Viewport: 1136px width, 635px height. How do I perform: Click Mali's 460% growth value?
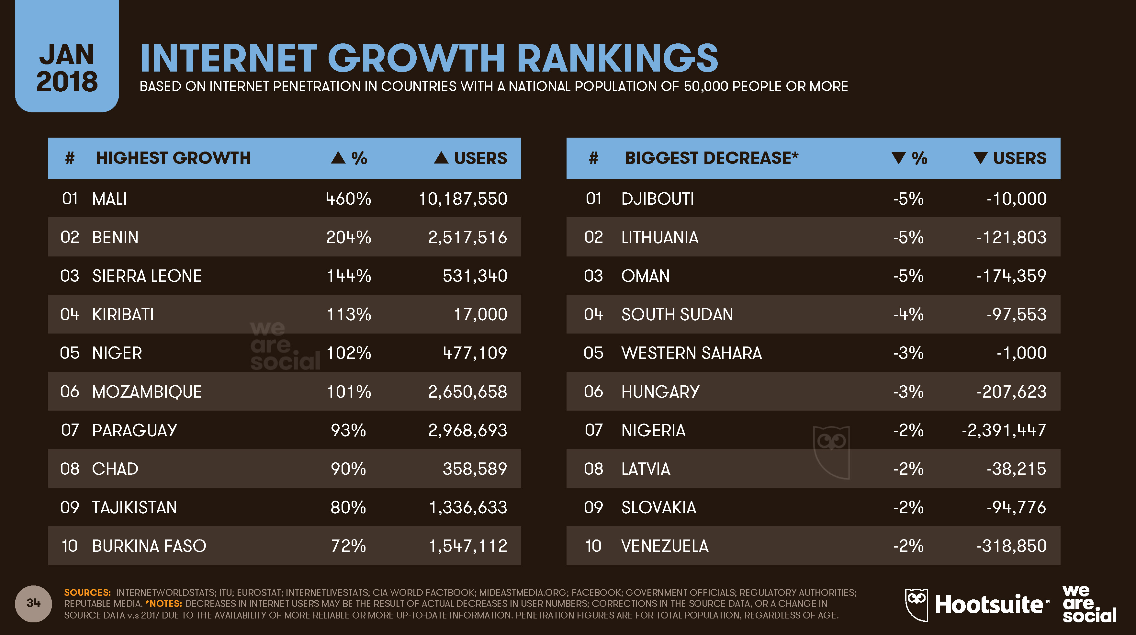tap(348, 199)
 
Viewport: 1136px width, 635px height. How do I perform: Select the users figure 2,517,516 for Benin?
tap(467, 238)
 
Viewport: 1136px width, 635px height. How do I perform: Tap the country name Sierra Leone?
tap(147, 276)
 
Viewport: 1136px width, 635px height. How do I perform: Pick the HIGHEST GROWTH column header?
tap(173, 158)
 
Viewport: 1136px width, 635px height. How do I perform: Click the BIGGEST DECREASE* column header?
tap(711, 158)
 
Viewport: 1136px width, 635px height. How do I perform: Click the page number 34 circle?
tap(34, 603)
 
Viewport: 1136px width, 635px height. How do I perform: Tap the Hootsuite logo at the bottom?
tap(976, 604)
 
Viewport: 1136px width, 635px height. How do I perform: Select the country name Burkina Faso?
tap(149, 546)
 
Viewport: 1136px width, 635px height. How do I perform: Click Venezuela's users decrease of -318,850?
tap(1011, 546)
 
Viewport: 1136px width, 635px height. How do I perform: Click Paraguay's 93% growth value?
tap(348, 430)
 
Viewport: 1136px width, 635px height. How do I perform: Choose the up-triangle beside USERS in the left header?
tap(441, 158)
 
